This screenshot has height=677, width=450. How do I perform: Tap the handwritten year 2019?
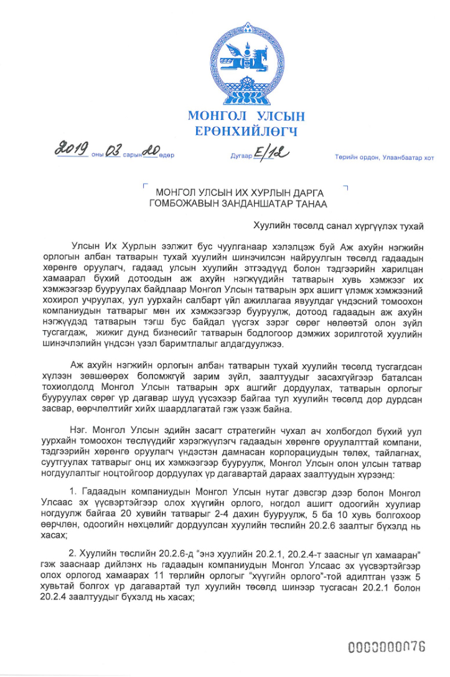pyautogui.click(x=72, y=150)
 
